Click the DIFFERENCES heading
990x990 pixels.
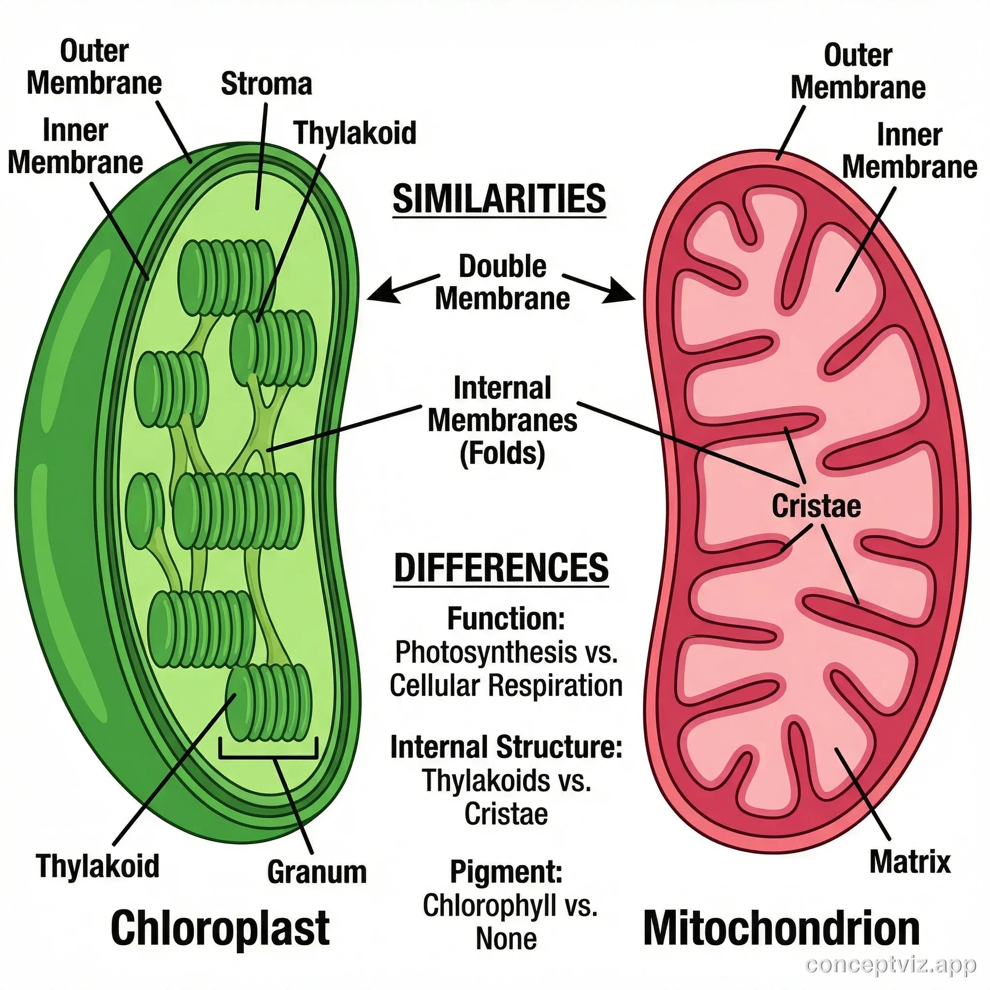tap(501, 568)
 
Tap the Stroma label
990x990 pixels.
tap(266, 84)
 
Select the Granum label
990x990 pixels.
tap(317, 872)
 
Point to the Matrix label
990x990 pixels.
tap(910, 861)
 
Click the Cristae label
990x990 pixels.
tap(816, 506)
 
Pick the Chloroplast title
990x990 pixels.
tap(220, 928)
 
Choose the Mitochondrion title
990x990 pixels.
tap(781, 928)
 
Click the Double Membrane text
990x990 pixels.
tap(502, 282)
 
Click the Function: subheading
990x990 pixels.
tap(506, 618)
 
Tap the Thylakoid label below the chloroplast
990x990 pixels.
tap(97, 865)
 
